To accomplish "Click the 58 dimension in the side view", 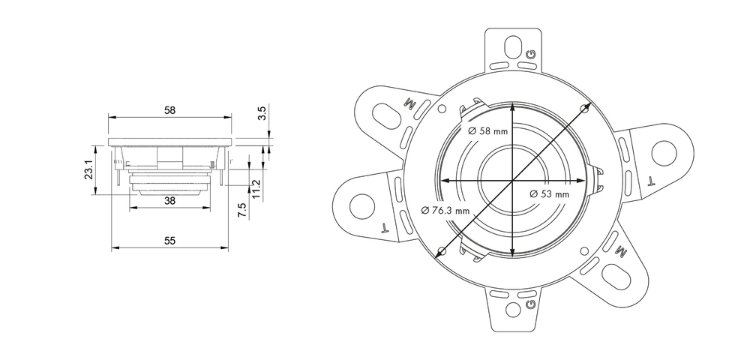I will [169, 110].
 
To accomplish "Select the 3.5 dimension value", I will [262, 113].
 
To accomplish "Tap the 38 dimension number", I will [169, 201].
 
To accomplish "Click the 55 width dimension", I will [169, 240].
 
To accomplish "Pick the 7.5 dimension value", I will [241, 210].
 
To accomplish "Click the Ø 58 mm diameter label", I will [487, 130].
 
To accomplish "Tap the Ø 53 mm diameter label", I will [550, 194].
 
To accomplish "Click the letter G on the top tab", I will [531, 54].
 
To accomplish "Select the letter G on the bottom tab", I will [531, 304].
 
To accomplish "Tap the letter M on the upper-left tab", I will [410, 102].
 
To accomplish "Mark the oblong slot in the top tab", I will [513, 46].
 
